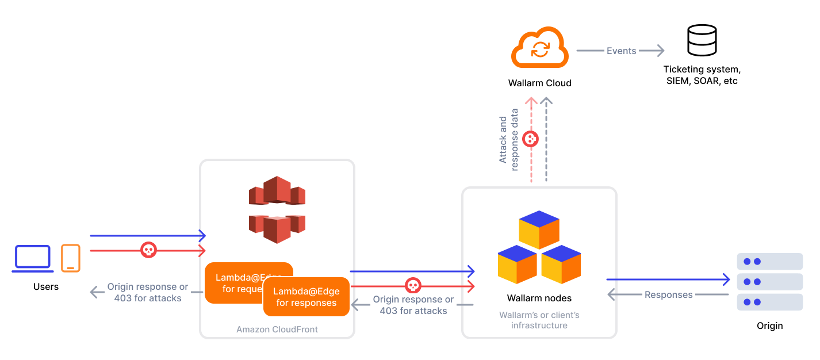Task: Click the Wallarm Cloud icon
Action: coord(539,49)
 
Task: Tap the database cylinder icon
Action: coord(702,41)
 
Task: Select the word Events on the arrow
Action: coord(621,51)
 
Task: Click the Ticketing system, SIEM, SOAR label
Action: coord(702,75)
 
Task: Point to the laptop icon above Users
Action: coord(33,258)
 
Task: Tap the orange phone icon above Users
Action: coord(71,258)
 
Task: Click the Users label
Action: coord(46,286)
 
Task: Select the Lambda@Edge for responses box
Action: coord(306,297)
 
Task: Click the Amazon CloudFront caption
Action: coord(277,330)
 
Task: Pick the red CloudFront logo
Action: coord(277,209)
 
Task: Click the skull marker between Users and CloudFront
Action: coord(148,250)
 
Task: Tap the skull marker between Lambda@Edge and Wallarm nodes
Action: coord(412,285)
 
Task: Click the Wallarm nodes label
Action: coord(539,298)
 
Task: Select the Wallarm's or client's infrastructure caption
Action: coord(539,320)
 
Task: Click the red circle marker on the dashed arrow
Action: coord(530,139)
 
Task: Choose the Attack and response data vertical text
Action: coord(508,140)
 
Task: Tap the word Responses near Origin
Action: coord(668,294)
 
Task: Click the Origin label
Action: coord(769,325)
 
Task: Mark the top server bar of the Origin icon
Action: coord(769,261)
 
